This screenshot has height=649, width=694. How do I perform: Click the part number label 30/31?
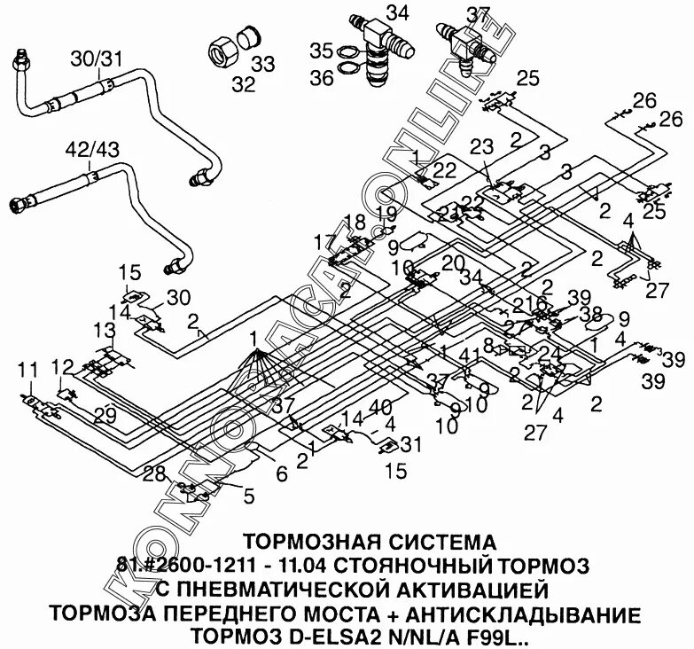pyautogui.click(x=97, y=59)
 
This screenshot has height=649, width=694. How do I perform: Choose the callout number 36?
pyautogui.click(x=322, y=77)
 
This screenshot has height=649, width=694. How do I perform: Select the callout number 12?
pyautogui.click(x=63, y=367)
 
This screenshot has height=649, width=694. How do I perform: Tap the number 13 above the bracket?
pyautogui.click(x=105, y=330)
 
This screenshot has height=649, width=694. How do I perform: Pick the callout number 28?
pyautogui.click(x=156, y=474)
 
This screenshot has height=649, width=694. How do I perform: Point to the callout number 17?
pyautogui.click(x=324, y=241)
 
